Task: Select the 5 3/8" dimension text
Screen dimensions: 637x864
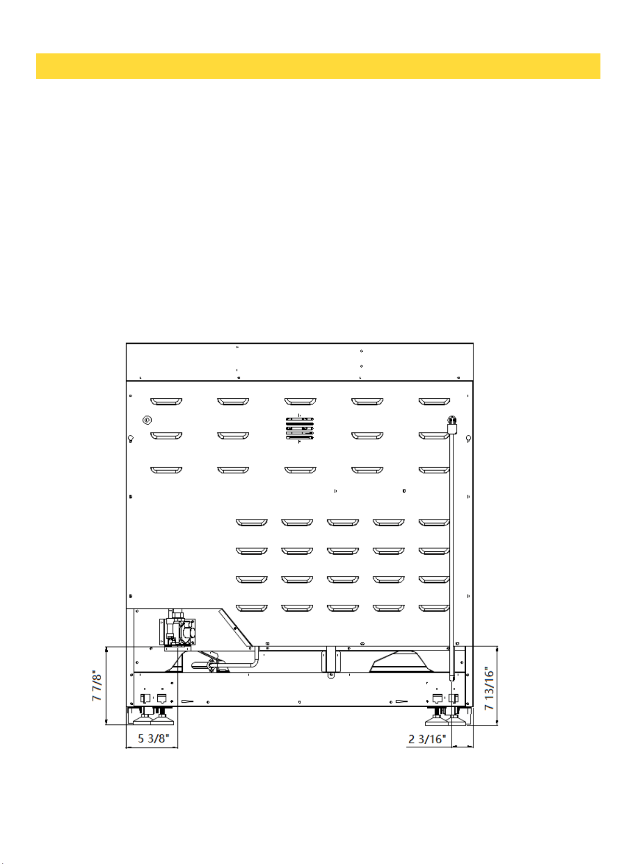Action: coord(153,738)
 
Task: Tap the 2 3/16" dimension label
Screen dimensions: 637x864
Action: coord(427,739)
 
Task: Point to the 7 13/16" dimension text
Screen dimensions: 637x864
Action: coord(489,688)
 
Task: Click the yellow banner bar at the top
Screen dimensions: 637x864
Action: coord(318,66)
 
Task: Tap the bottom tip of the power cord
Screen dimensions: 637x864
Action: coord(452,679)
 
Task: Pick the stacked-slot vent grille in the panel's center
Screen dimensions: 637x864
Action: coord(299,428)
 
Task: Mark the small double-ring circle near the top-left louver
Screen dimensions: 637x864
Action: coord(147,420)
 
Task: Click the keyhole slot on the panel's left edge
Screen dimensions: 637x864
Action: coord(130,439)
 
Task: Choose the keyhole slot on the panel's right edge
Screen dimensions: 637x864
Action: coord(469,439)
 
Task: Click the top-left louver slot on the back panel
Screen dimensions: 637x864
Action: coord(166,402)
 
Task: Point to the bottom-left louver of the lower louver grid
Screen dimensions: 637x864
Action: coord(252,608)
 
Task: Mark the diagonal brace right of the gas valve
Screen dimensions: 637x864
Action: coord(236,627)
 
